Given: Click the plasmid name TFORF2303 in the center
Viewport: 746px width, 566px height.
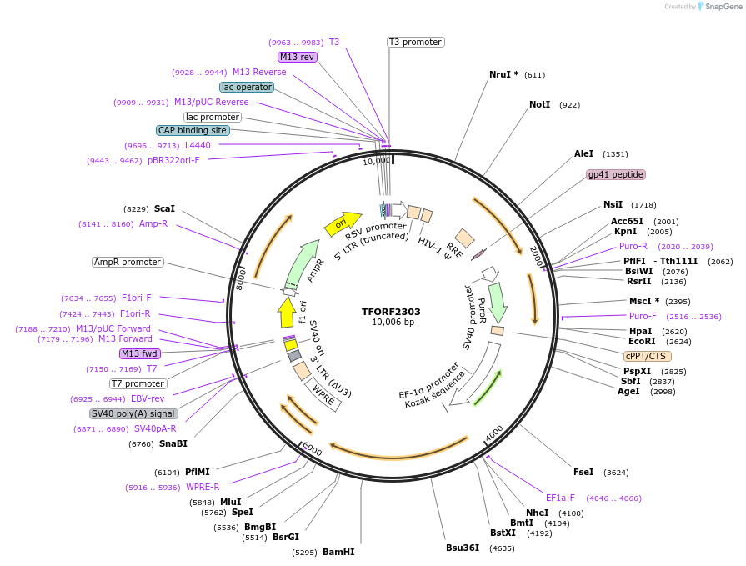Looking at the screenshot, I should click(391, 312).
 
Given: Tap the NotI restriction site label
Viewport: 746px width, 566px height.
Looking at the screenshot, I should click(539, 105).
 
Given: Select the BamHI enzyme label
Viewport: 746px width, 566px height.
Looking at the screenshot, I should click(338, 552).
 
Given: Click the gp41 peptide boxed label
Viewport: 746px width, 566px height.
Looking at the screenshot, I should click(616, 174).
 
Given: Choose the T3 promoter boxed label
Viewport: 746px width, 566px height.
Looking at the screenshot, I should click(416, 42).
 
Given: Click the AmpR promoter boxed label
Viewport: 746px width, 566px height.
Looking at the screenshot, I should click(128, 262).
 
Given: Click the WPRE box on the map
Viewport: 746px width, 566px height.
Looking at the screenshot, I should click(323, 395).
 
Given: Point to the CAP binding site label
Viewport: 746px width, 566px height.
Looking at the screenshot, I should click(192, 130).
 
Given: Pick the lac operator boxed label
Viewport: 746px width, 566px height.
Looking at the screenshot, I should click(247, 87).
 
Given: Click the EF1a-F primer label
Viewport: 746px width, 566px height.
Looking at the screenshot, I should click(560, 498).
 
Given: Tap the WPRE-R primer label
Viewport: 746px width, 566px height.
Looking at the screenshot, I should click(203, 487).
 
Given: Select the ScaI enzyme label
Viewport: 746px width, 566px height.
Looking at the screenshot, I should click(164, 208).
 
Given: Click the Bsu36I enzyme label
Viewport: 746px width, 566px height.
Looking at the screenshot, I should click(463, 548).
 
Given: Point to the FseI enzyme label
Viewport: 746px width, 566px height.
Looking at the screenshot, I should click(583, 472).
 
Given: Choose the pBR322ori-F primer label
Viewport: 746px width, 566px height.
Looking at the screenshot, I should click(173, 160).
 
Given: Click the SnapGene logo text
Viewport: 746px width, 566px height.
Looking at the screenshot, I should click(722, 7).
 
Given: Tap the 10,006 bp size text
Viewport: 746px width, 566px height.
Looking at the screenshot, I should click(392, 323).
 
